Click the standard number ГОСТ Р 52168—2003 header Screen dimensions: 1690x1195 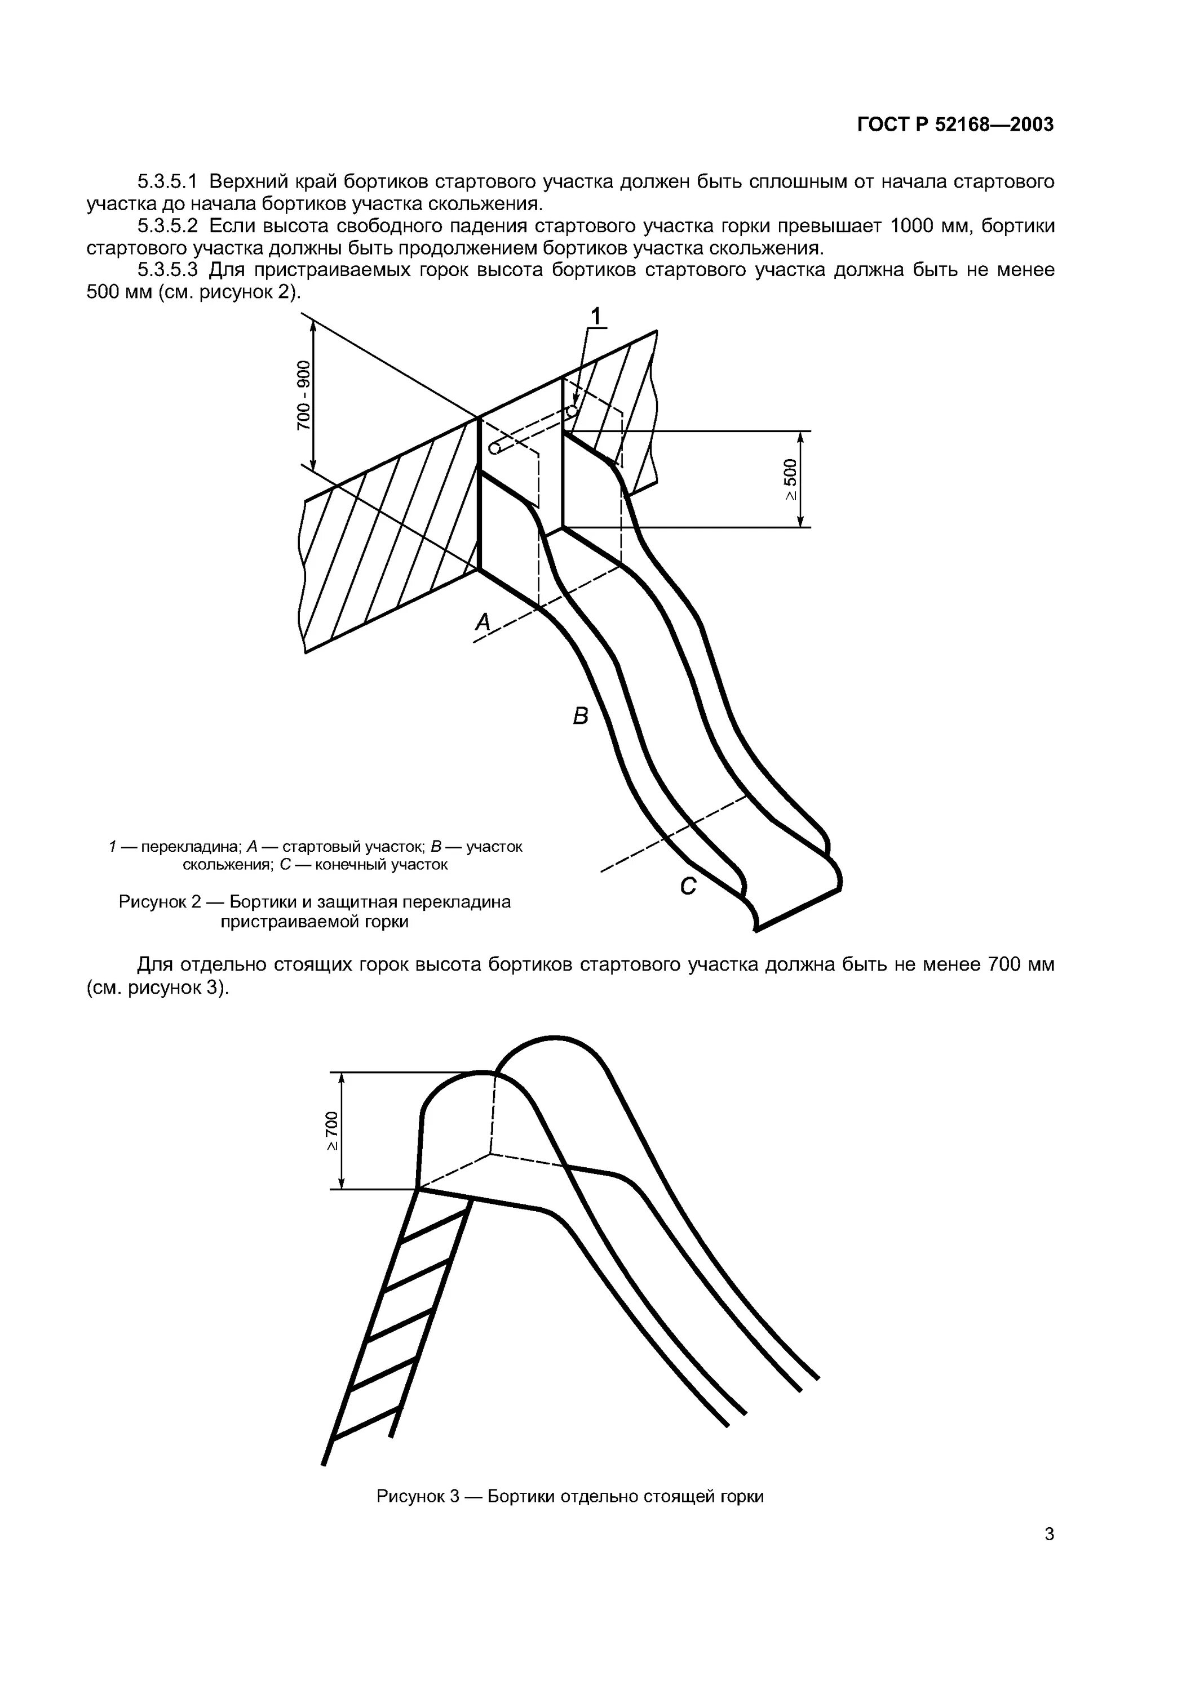955,124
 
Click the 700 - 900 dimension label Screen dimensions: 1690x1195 303,396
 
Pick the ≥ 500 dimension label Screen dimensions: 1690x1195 790,480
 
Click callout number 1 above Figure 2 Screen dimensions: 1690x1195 596,317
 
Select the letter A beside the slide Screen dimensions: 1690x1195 483,622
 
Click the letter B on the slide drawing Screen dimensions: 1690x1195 581,715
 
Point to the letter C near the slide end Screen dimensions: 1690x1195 688,887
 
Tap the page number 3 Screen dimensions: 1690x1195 1049,1534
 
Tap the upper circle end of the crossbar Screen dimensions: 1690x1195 572,410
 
